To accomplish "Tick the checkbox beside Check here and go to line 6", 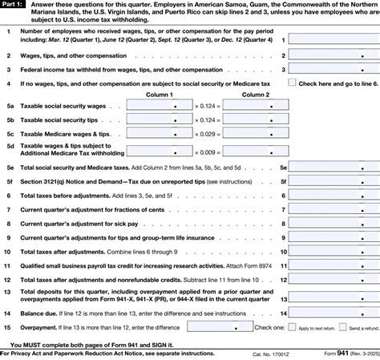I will coord(292,82).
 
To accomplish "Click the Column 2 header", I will coord(257,94).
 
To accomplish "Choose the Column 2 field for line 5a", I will coord(257,105).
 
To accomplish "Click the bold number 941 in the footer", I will coord(340,354).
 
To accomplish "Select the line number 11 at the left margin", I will coord(7,262).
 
